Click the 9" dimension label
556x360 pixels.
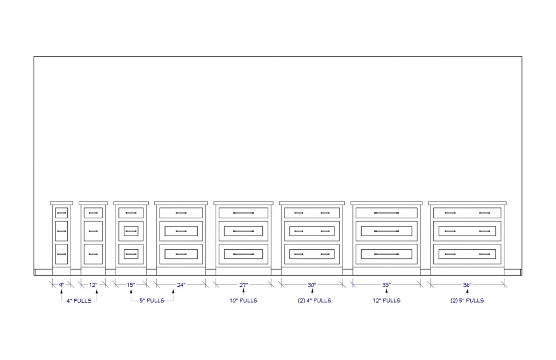coord(61,283)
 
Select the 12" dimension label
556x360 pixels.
coord(93,283)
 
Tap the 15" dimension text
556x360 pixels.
coord(131,283)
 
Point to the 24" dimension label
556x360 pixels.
coord(181,283)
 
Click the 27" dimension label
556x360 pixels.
coord(243,283)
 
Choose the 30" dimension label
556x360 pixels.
coord(312,283)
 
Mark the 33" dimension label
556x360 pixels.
coord(386,283)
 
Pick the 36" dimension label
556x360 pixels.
coord(467,283)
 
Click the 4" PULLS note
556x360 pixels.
coord(79,300)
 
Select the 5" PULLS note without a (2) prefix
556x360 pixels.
coord(152,300)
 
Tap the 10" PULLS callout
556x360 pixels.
coord(243,300)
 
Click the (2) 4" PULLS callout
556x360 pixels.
coord(312,300)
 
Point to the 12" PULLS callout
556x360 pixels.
coord(386,300)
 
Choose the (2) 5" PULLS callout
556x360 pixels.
coord(467,300)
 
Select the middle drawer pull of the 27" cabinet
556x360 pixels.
coord(243,231)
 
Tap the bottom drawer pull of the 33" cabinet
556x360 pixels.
coord(386,254)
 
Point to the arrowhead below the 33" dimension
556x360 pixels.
coord(386,292)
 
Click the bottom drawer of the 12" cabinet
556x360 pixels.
coord(93,254)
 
